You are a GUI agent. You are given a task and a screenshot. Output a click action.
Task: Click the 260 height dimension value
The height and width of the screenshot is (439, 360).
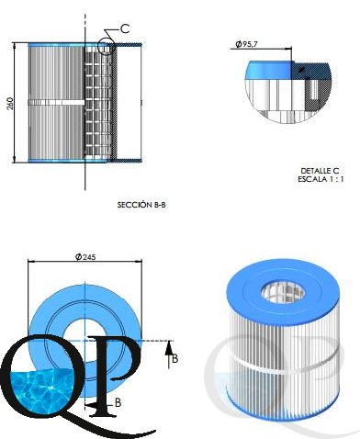10,104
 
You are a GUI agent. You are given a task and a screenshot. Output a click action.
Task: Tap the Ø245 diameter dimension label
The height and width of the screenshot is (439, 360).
85,257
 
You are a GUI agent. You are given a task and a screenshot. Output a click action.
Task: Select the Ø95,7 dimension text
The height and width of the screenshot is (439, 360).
246,44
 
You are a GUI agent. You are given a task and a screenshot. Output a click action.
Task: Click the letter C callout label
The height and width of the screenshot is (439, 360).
125,28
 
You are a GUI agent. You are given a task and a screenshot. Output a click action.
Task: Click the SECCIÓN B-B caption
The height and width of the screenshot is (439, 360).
141,205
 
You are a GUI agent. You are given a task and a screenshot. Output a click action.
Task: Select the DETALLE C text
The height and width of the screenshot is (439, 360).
320,171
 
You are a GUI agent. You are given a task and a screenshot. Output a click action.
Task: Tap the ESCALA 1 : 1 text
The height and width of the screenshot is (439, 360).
321,179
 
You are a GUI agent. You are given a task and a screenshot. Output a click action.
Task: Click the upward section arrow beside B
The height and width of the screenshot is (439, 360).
168,355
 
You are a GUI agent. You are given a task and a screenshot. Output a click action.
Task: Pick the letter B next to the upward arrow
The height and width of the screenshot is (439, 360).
174,358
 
